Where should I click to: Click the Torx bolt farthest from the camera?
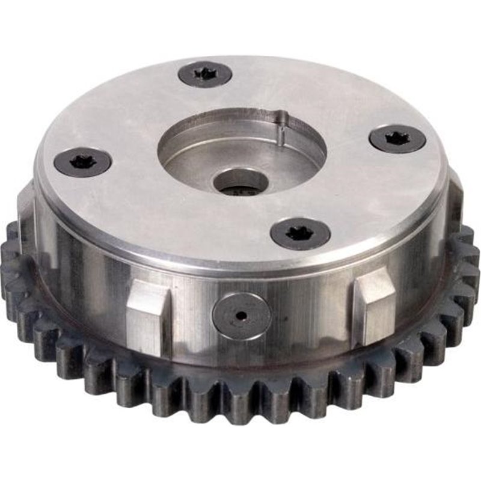click(x=205, y=74)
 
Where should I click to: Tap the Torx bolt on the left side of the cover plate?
click(x=82, y=162)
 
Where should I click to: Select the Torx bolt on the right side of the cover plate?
click(x=397, y=139)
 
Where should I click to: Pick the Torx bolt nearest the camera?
click(x=300, y=233)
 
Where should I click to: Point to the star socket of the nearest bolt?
click(x=299, y=232)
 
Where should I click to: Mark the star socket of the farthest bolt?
click(x=205, y=73)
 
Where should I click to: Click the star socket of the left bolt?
click(x=81, y=161)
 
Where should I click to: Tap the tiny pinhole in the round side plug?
click(x=240, y=316)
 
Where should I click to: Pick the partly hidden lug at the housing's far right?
click(x=456, y=198)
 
